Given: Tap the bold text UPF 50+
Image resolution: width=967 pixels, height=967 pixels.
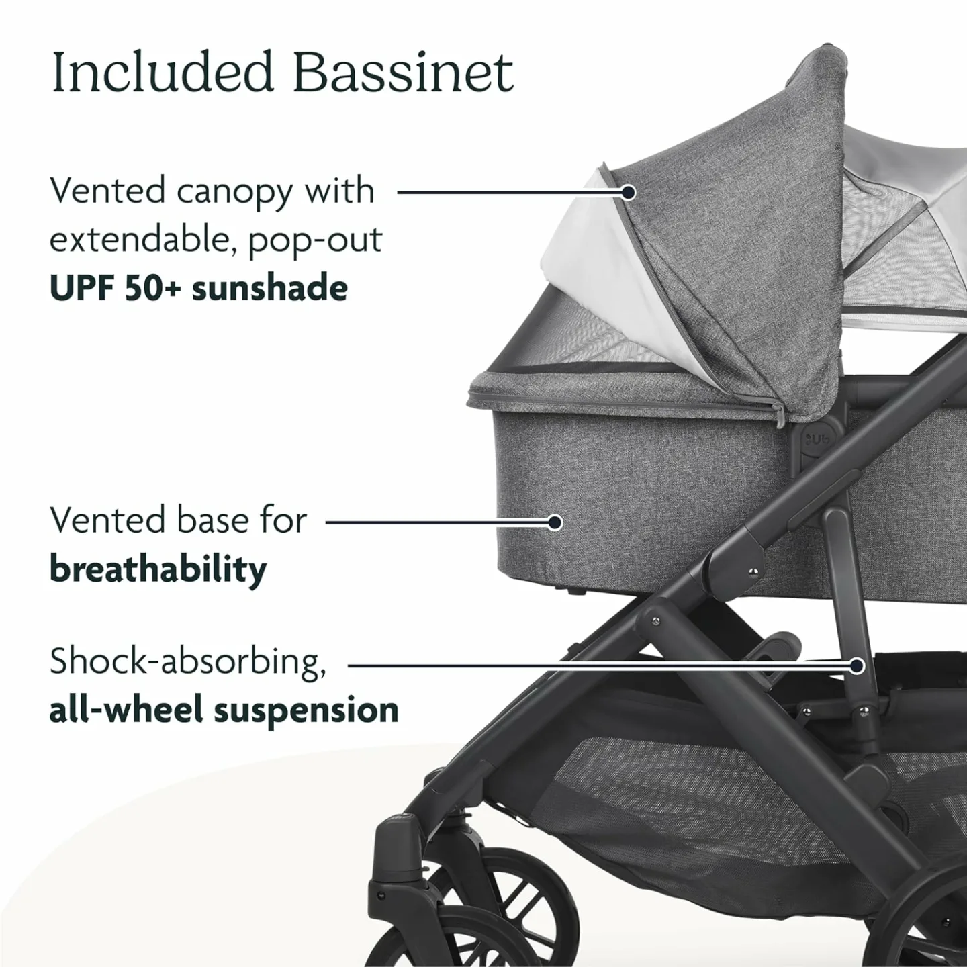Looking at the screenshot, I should click(x=114, y=288).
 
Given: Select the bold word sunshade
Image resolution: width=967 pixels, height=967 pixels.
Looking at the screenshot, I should click(x=270, y=288).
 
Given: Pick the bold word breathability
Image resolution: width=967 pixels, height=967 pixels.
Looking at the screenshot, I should click(x=158, y=570).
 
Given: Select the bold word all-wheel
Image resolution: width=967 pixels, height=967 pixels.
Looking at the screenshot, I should click(x=125, y=710).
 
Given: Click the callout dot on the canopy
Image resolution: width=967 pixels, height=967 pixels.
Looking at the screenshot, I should click(x=628, y=193).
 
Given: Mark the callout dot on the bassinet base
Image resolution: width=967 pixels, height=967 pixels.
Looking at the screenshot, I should click(x=555, y=522).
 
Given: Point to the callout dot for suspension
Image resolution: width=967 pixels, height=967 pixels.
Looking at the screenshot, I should click(x=856, y=665).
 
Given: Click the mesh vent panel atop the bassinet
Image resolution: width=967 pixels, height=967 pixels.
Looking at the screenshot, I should click(x=591, y=339).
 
